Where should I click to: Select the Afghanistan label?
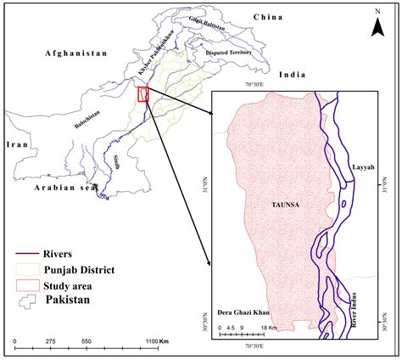coord(76,53)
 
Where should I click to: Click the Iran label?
coord(18,145)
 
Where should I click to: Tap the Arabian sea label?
coord(59,188)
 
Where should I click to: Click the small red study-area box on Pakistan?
coord(142,94)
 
